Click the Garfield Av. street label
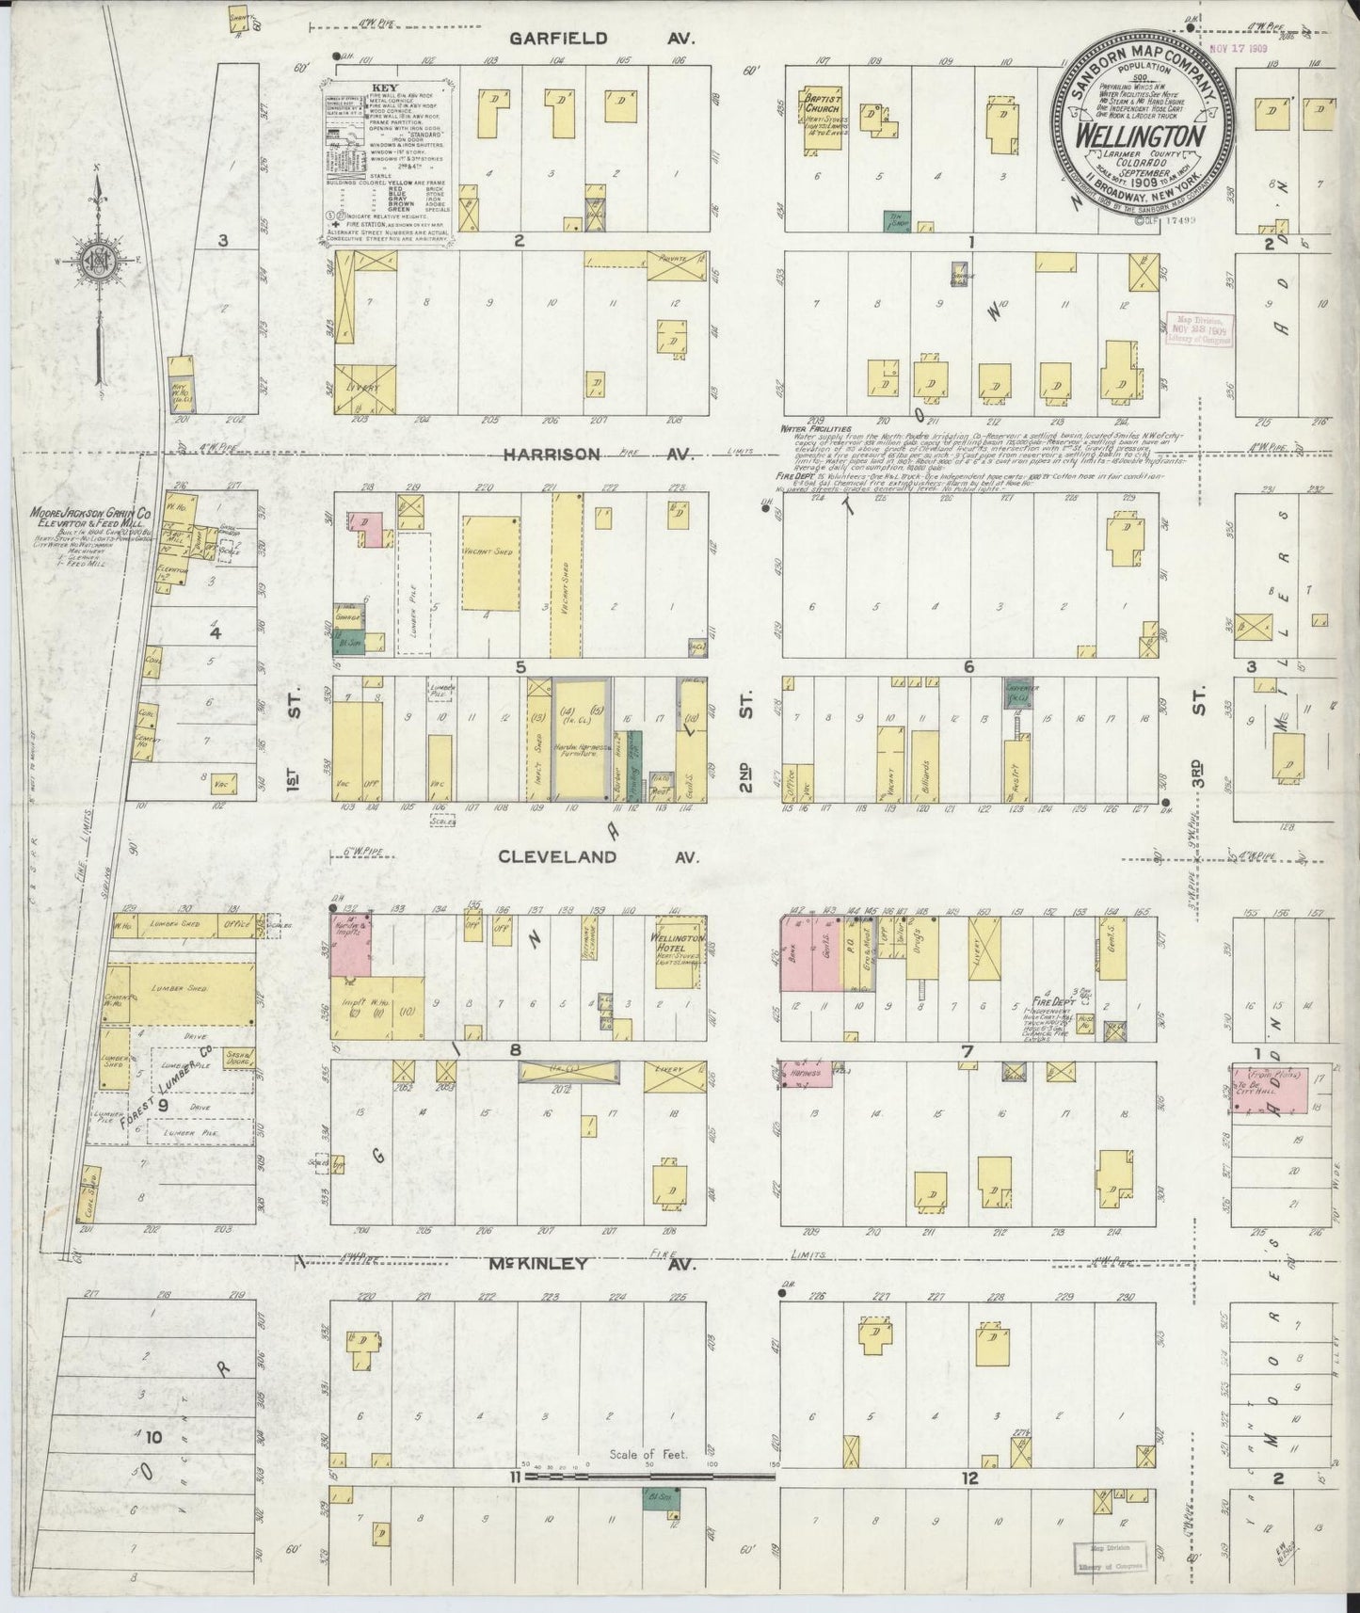(x=600, y=39)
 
